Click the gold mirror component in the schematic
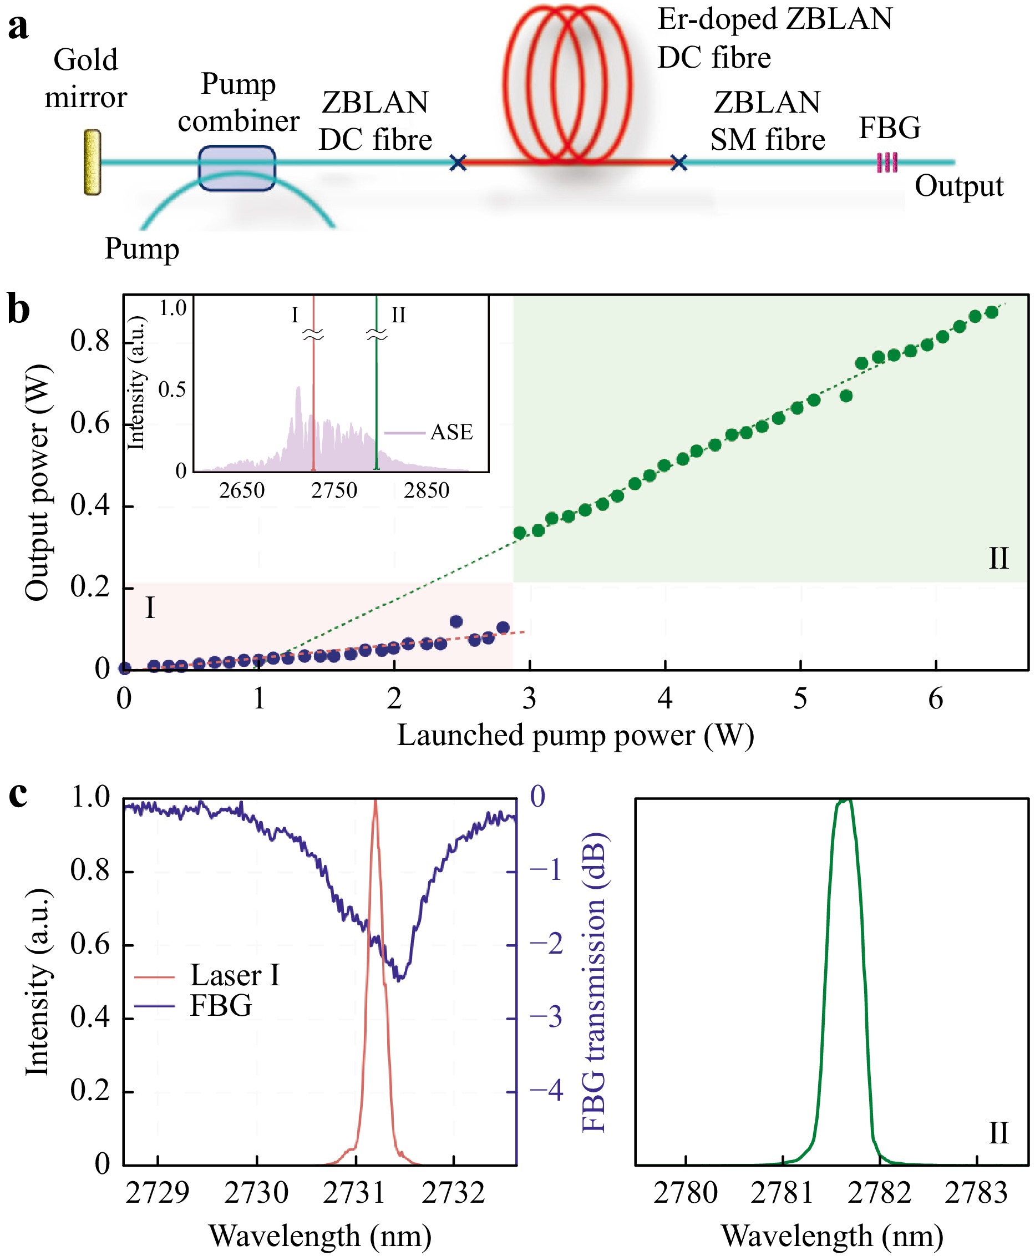point(92,162)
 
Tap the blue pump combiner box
point(237,168)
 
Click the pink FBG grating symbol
point(887,162)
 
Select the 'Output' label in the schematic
point(958,186)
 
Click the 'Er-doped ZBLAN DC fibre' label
point(774,38)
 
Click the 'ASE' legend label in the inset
point(451,432)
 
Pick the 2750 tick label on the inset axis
point(334,490)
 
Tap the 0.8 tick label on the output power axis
point(90,342)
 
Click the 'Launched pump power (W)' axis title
point(575,736)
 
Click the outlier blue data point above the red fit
point(456,622)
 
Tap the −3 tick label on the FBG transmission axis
point(546,1017)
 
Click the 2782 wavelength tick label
point(879,1193)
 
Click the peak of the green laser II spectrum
point(845,801)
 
